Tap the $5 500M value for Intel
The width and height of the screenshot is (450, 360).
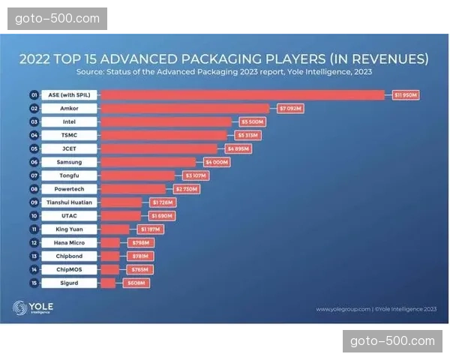point(251,121)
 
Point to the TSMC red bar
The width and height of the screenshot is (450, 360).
point(163,135)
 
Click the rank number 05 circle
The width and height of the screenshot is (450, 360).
point(34,148)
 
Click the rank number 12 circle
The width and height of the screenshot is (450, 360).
point(34,242)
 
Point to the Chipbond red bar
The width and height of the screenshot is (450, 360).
point(109,256)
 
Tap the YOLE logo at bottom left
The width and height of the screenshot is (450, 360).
point(32,307)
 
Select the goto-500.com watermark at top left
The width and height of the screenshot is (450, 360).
point(56,18)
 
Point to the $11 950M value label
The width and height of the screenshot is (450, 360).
point(405,95)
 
